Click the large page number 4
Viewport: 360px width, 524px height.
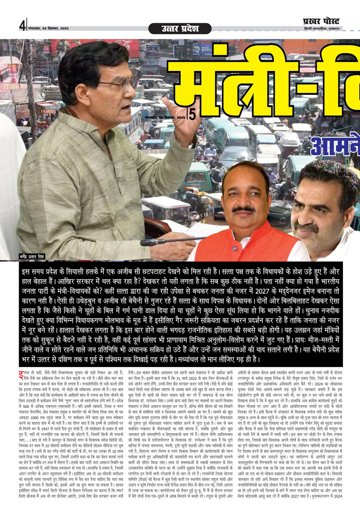coord(22,26)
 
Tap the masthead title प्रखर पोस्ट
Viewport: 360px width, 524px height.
coord(321,21)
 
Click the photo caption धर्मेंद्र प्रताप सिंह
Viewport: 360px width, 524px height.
coord(32,256)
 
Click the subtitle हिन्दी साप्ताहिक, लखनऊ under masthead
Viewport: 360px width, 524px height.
coord(321,29)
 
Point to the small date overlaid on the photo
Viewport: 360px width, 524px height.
coord(165,118)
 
